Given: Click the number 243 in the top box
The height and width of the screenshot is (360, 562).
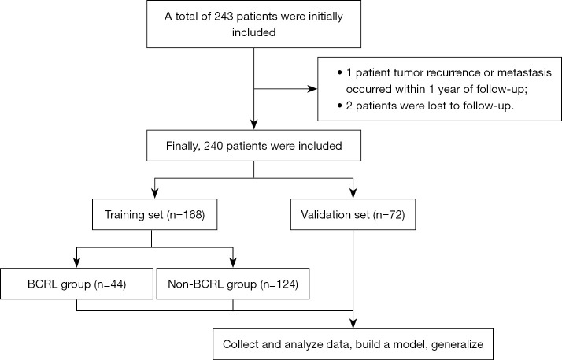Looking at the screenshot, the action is (224, 16).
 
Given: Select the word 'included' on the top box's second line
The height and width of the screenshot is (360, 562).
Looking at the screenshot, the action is (253, 32).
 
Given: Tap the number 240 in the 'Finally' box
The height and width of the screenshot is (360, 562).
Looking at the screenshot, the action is (214, 146).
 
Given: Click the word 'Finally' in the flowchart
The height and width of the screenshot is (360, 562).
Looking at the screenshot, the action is (183, 147).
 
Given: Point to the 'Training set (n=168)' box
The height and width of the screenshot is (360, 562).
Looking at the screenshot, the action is (155, 214).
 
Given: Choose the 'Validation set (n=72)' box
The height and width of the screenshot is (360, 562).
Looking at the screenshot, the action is (353, 214).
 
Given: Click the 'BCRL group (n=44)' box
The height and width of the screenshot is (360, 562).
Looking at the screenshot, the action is (76, 284).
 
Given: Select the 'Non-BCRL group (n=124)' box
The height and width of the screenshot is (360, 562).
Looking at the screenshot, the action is (233, 284).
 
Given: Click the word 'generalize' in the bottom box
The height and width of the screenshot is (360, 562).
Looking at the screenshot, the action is (457, 344).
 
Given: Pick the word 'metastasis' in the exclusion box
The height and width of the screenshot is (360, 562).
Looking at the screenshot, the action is (524, 72).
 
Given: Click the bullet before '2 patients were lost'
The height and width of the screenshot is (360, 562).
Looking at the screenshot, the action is (339, 106).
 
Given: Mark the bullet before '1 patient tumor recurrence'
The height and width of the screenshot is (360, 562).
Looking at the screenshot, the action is (339, 72).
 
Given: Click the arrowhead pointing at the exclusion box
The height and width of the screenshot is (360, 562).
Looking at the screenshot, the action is (312, 88).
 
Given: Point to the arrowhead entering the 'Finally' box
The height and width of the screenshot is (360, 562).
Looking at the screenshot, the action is (253, 124).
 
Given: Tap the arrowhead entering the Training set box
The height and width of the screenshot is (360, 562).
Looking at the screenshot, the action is (155, 194).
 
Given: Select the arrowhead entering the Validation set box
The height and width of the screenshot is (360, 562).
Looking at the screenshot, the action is (353, 194).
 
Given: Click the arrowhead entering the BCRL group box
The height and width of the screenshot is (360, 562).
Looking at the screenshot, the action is (76, 263).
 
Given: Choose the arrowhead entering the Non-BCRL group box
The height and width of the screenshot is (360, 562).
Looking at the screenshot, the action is (233, 263).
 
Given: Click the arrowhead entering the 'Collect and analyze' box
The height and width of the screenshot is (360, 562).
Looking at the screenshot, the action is (353, 324).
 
